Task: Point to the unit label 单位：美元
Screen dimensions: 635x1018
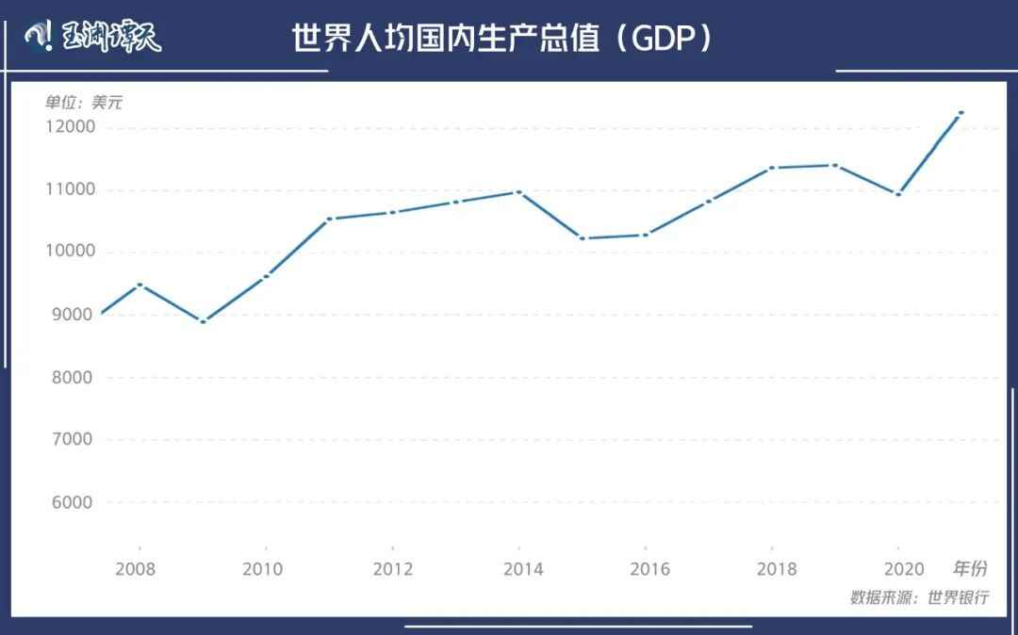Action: tap(83, 103)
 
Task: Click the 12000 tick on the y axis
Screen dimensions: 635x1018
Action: tap(69, 127)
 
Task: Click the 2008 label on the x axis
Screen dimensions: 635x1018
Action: tap(136, 569)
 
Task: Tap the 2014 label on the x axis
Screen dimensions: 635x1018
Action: tap(523, 569)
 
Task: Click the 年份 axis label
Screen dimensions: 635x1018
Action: tap(969, 568)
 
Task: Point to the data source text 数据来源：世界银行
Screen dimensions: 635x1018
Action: tap(919, 597)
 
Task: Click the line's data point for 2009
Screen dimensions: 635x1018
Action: tap(203, 322)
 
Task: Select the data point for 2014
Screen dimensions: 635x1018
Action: tap(518, 192)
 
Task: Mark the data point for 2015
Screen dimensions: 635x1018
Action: tap(582, 238)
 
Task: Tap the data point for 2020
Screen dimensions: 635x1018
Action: tap(898, 194)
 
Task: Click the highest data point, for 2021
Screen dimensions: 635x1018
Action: tap(961, 113)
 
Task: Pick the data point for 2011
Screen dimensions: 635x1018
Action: tap(329, 219)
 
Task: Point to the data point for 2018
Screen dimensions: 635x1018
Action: tap(772, 168)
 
